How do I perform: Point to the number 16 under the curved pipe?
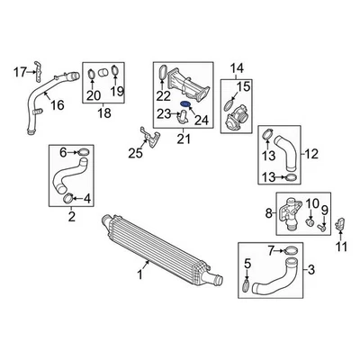pyautogui.click(x=57, y=105)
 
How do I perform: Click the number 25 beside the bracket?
pyautogui.click(x=135, y=153)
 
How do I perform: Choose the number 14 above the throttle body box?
pyautogui.click(x=238, y=67)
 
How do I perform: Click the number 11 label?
pyautogui.click(x=339, y=245)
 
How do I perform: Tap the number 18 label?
pyautogui.click(x=102, y=114)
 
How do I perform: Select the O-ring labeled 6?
pyautogui.click(x=78, y=153)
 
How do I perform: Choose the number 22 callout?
pyautogui.click(x=163, y=96)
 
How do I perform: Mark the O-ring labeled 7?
pyautogui.click(x=291, y=248)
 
